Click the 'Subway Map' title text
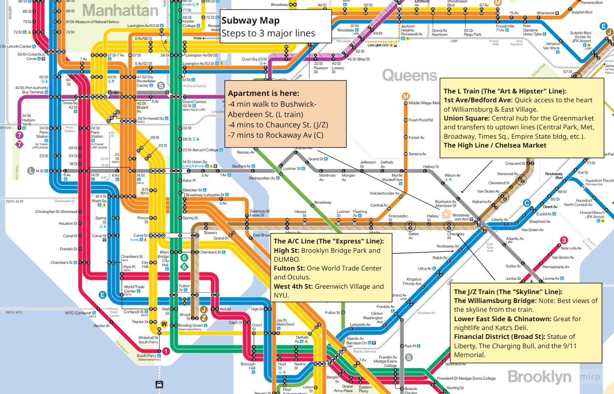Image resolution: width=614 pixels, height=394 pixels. point(250,21)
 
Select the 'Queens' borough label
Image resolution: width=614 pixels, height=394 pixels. point(409,75)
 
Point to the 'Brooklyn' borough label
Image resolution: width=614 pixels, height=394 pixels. point(539,377)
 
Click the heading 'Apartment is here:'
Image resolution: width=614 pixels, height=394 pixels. point(263,93)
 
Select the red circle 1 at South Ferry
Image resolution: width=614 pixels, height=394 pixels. point(166,351)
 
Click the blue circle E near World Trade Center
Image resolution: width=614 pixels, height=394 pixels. point(102,295)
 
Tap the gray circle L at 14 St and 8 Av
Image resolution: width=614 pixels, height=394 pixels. point(31,171)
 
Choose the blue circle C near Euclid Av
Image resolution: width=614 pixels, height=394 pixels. point(526,202)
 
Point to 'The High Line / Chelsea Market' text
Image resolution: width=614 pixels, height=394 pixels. point(494,145)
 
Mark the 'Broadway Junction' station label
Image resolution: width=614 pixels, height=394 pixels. point(461,217)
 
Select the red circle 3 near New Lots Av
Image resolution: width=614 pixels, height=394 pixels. point(564,240)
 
